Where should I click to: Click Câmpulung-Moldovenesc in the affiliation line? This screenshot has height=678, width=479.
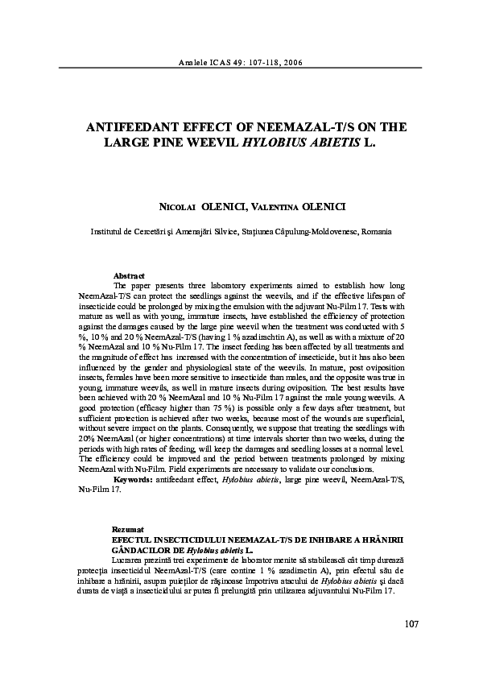[x=316, y=231]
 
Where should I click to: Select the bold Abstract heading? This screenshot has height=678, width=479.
[x=129, y=276]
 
